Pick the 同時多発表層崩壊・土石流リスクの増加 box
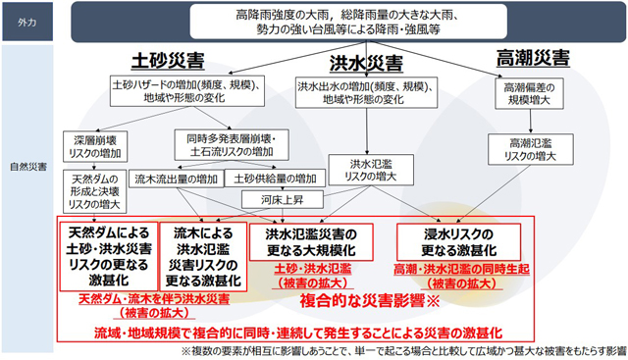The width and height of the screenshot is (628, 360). point(225,146)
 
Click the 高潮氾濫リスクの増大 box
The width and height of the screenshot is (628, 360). point(531,149)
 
